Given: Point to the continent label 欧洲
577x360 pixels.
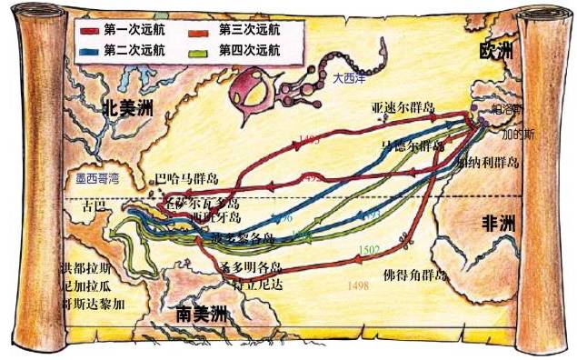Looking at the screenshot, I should (497, 53).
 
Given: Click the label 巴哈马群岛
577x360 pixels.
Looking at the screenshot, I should (187, 177).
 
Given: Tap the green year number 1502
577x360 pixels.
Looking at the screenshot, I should (371, 249).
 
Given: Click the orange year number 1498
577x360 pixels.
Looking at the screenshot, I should (358, 285).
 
